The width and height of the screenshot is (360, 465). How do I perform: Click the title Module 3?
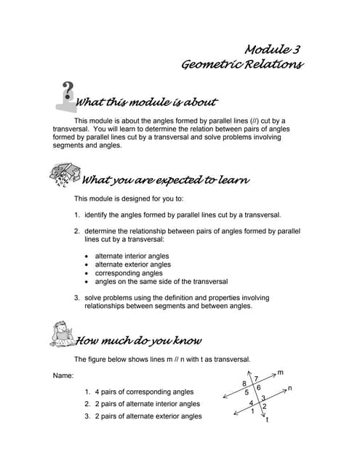pyautogui.click(x=273, y=49)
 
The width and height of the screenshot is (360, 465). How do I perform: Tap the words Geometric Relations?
pyautogui.click(x=242, y=65)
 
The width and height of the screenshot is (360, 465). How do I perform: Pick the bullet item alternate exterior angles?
pyautogui.click(x=133, y=264)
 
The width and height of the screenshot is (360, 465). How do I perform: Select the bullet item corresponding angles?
pyautogui.click(x=127, y=273)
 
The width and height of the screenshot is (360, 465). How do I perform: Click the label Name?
pyautogui.click(x=64, y=376)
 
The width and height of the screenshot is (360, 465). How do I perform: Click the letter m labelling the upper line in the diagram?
pyautogui.click(x=281, y=372)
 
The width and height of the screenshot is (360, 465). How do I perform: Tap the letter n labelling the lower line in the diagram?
pyautogui.click(x=289, y=389)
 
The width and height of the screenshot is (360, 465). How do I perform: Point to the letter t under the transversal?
pyautogui.click(x=268, y=420)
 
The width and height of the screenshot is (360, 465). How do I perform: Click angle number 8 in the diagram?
pyautogui.click(x=244, y=383)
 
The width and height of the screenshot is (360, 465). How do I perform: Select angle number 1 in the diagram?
pyautogui.click(x=252, y=412)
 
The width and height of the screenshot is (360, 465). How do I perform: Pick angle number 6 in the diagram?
pyautogui.click(x=258, y=388)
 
